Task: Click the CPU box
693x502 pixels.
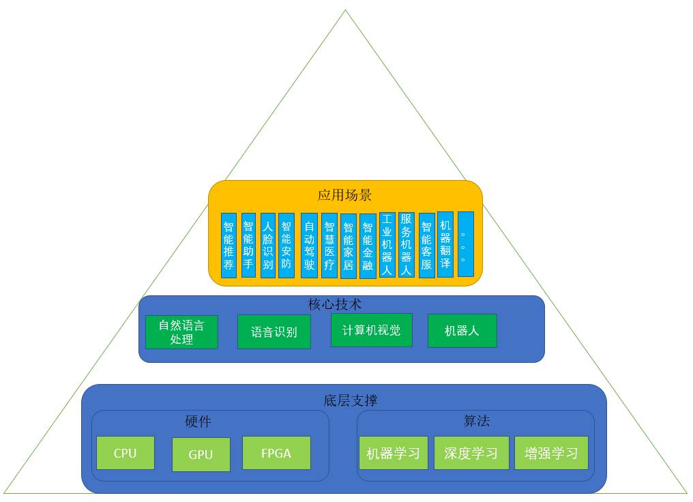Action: [126, 453]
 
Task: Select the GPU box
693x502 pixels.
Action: [201, 454]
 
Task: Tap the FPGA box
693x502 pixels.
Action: [276, 453]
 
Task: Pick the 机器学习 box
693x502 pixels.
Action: [393, 453]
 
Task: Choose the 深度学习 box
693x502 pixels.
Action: [471, 453]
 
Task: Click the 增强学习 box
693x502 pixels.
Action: [551, 453]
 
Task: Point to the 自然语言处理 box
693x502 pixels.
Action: [181, 332]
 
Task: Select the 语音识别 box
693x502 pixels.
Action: [274, 332]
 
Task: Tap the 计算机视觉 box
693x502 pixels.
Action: [371, 330]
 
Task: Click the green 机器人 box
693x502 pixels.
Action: [462, 331]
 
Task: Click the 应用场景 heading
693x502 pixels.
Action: [344, 195]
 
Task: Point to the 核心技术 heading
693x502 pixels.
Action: [335, 304]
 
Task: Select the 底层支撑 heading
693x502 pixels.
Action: [350, 400]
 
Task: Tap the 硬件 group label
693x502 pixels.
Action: [198, 422]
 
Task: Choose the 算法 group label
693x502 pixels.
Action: [476, 421]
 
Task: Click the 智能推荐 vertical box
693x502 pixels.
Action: [228, 246]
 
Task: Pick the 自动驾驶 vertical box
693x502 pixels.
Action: [309, 246]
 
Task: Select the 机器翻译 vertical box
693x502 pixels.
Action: [445, 244]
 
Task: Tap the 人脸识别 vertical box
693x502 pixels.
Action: [267, 246]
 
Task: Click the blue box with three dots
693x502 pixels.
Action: [465, 244]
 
